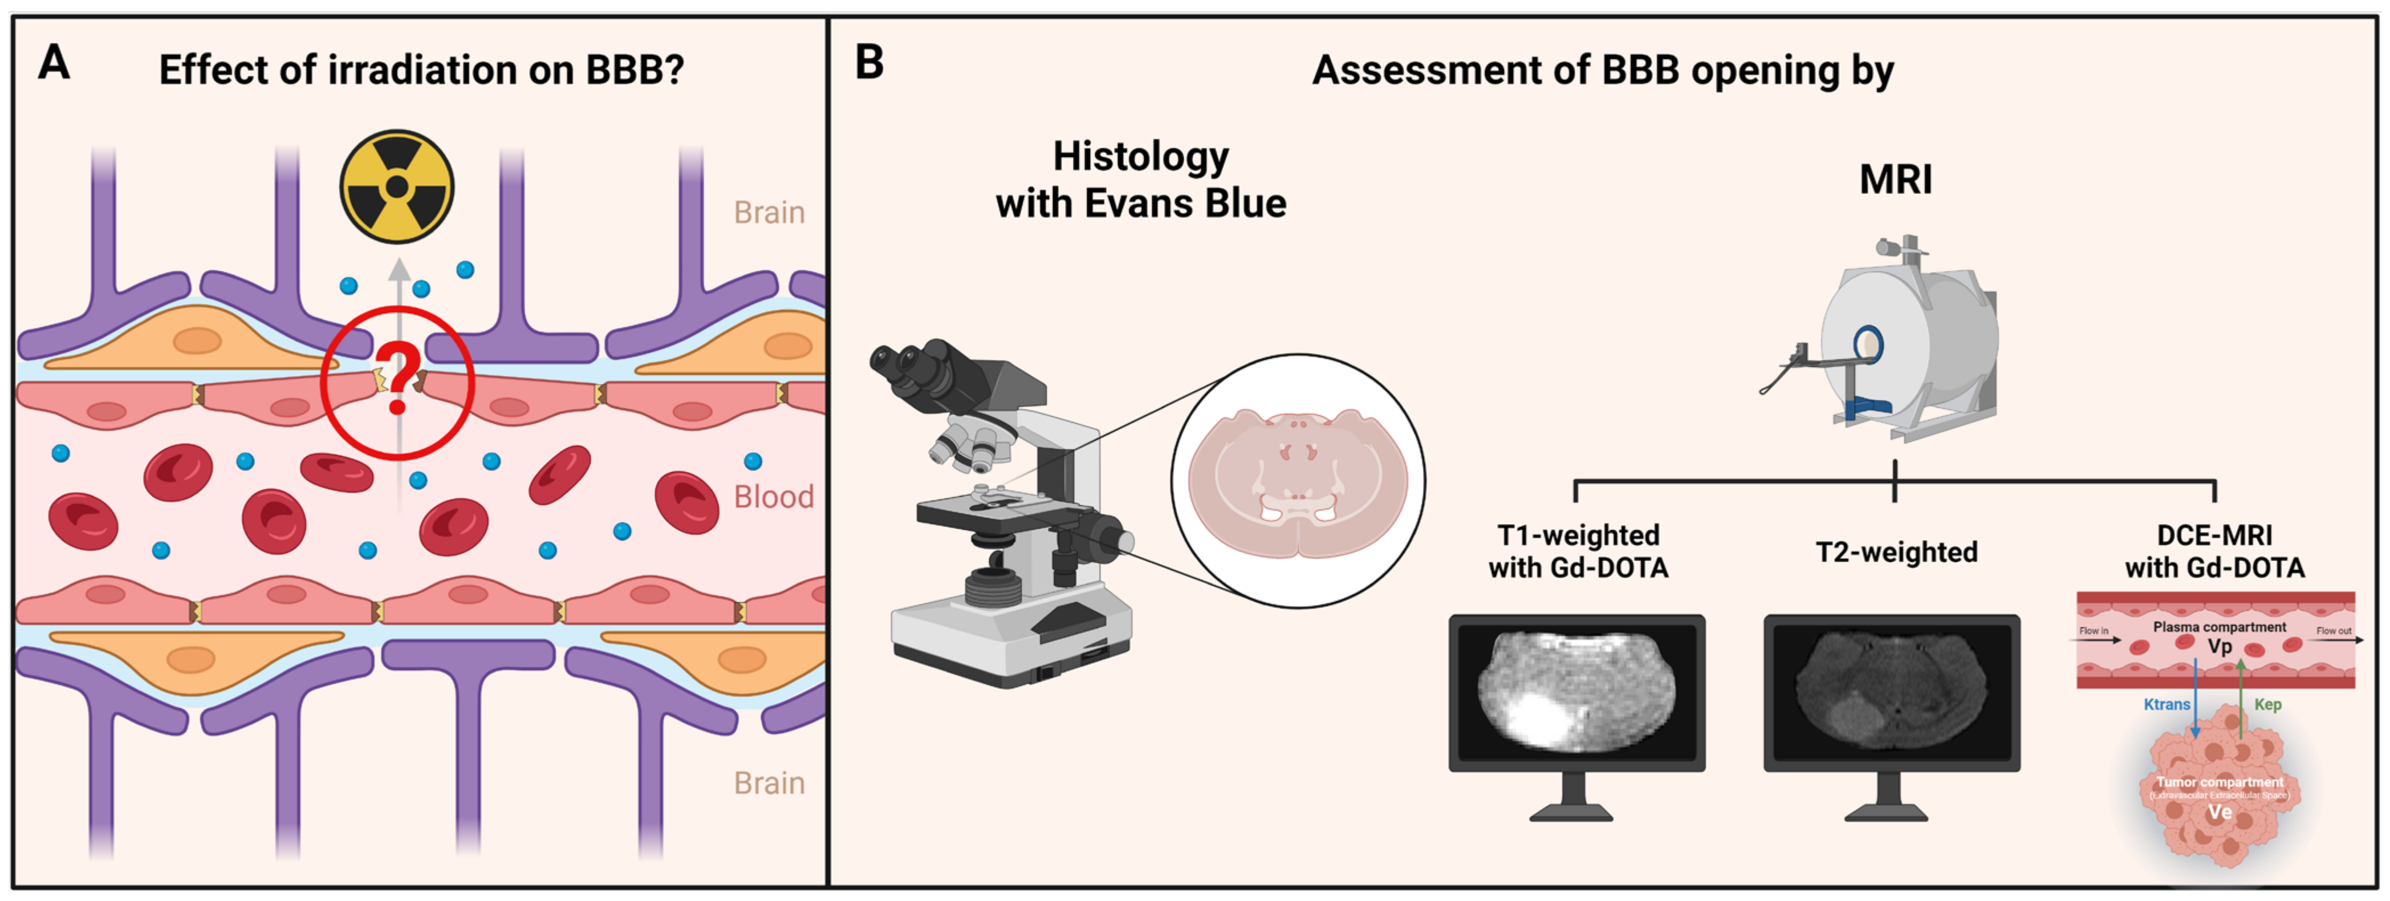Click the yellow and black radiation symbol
396,186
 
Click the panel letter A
54,63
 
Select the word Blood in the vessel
773,497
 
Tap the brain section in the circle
1298,482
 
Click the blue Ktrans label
2167,704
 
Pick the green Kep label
2267,704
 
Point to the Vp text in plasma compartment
2220,647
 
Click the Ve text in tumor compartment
2220,812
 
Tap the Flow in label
2094,631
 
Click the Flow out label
2334,631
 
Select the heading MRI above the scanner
1896,179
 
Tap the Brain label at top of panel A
769,213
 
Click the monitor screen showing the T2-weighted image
1892,691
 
